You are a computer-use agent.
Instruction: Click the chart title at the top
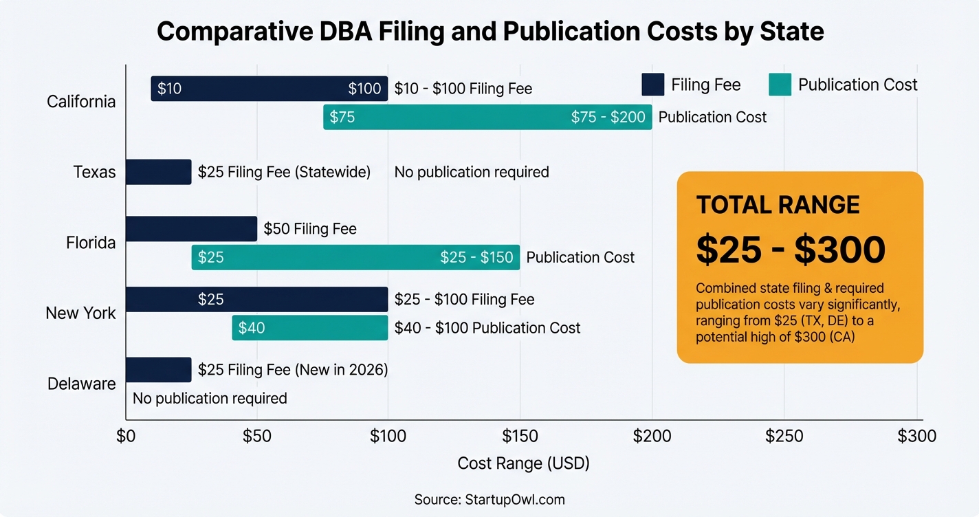coord(489,32)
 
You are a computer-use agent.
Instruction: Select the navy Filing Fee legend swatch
coord(652,85)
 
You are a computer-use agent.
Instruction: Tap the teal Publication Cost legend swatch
coord(780,85)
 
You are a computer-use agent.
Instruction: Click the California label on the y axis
coord(81,102)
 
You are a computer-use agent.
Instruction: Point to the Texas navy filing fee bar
coord(158,172)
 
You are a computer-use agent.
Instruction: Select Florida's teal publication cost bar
coord(355,257)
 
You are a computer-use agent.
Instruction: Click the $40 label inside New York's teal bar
coord(252,328)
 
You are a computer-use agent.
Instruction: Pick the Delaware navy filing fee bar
coord(158,370)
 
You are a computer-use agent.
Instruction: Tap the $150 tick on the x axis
coord(520,436)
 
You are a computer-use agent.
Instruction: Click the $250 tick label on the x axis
coord(784,436)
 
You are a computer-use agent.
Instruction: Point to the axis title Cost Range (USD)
coord(523,463)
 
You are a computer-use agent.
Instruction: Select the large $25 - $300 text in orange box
coord(790,250)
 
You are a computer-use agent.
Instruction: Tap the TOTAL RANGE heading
coord(778,205)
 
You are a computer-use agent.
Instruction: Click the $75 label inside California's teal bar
coord(342,117)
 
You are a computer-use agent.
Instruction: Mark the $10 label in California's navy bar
coord(169,89)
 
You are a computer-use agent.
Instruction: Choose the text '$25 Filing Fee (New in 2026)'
coord(293,370)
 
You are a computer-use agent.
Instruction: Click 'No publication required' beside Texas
coord(472,172)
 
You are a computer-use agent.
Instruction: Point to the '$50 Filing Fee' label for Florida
coord(310,229)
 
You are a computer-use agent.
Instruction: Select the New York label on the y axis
coord(80,313)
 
